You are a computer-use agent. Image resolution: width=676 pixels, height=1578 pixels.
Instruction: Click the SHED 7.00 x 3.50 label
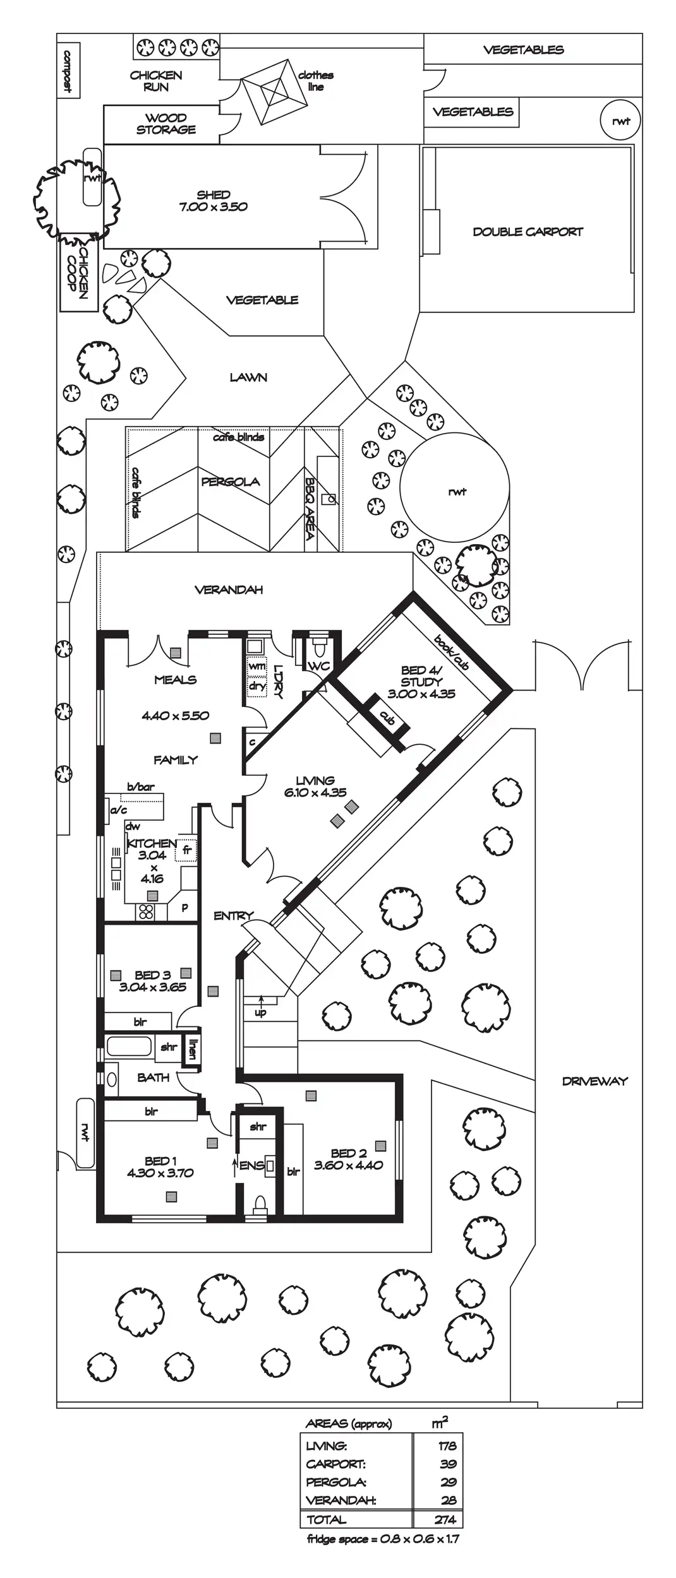coord(213,201)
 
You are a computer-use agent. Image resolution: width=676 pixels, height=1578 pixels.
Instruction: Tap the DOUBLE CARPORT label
coord(528,232)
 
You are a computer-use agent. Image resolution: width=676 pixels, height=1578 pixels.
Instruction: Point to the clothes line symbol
coord(270,92)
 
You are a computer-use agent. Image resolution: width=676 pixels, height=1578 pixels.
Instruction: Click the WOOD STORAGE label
coord(166,124)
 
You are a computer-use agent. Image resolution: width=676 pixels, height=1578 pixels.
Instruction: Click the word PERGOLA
coord(230,482)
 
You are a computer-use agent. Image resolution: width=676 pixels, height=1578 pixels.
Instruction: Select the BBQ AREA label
coord(310,508)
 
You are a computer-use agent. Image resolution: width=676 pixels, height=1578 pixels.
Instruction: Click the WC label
coord(318,666)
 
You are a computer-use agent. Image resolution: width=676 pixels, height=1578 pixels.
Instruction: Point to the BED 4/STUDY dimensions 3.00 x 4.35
coord(421,694)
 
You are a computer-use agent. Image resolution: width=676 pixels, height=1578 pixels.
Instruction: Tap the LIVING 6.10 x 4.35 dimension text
coord(315,792)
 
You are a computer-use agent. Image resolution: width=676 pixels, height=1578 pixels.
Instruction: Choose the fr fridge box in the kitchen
coord(187,850)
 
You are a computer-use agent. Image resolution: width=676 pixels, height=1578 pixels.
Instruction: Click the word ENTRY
coord(233,915)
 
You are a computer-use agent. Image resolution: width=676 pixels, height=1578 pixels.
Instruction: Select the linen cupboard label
coord(193,1049)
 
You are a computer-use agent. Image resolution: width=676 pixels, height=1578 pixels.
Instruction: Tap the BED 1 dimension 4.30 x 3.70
coord(160,1172)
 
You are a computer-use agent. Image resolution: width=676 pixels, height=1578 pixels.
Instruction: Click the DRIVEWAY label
coord(595,1081)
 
